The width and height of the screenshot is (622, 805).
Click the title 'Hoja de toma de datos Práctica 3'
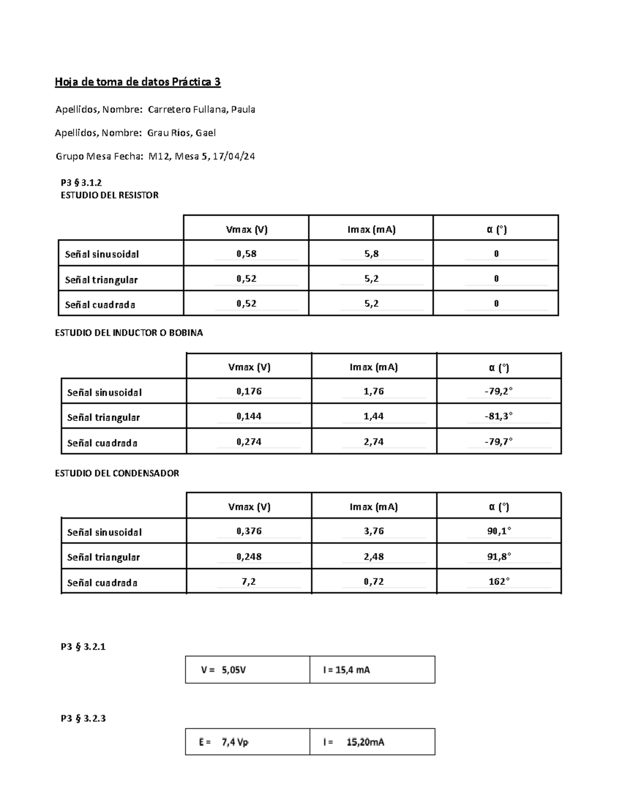(x=138, y=82)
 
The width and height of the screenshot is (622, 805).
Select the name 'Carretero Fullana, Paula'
(x=201, y=109)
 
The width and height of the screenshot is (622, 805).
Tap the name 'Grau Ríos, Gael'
(x=181, y=133)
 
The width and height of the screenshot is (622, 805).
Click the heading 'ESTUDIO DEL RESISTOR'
(x=109, y=195)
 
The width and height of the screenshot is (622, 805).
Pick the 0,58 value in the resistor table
(x=246, y=253)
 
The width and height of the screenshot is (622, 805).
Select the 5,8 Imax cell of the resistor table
(x=371, y=253)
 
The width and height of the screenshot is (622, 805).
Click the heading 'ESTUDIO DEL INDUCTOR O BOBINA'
(x=129, y=333)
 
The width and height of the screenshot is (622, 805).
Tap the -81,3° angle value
(x=499, y=416)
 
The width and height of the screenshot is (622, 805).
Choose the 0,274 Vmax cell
(x=249, y=442)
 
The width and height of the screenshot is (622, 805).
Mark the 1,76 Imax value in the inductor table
(x=374, y=391)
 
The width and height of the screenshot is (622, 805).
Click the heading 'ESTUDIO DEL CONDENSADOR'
(x=117, y=473)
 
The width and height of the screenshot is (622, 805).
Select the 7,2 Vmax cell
(x=249, y=582)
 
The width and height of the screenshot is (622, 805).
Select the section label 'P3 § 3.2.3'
(x=83, y=718)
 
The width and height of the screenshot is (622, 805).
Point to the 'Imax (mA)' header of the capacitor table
(x=374, y=507)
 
